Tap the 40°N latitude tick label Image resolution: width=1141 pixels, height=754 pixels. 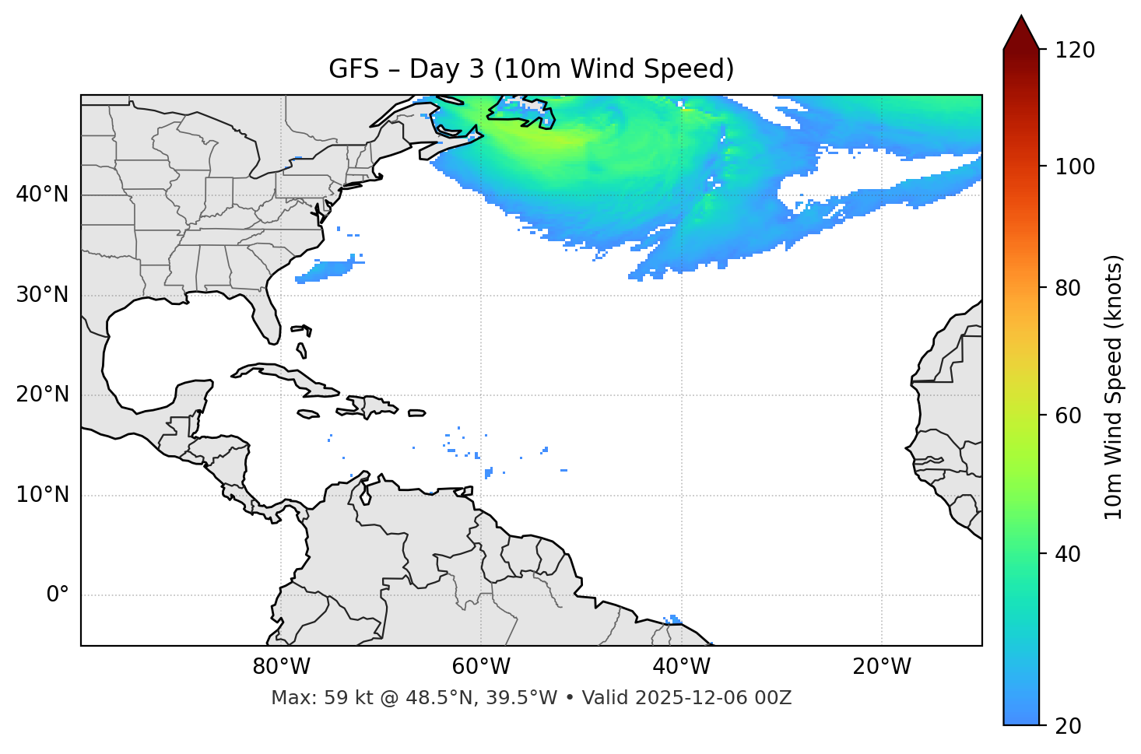click(42, 195)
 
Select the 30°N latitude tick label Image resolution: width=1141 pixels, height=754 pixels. click(42, 295)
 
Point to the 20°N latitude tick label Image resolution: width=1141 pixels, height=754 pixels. click(42, 395)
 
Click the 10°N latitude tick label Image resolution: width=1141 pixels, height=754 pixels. click(42, 495)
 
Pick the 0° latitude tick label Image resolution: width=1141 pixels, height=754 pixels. click(58, 595)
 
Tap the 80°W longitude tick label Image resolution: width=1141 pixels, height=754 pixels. click(281, 667)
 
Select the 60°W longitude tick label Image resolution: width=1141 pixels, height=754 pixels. click(481, 667)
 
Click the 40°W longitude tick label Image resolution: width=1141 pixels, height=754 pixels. click(681, 667)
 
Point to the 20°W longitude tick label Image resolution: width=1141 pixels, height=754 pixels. click(882, 667)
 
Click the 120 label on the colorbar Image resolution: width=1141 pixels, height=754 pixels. click(1075, 51)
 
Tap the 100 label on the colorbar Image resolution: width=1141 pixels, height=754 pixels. click(1075, 167)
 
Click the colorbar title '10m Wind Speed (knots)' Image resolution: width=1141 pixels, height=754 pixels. click(1114, 387)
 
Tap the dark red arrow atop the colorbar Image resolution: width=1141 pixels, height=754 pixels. click(1020, 33)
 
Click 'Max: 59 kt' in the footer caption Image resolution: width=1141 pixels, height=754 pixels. click(305, 698)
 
